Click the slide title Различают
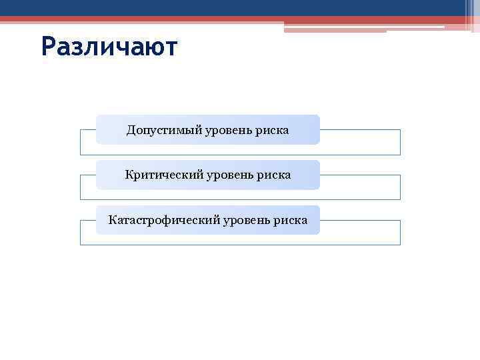109,47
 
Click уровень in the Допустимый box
227,129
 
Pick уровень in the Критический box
228,175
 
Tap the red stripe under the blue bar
200,19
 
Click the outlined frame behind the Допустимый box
360,143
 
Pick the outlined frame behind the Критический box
360,188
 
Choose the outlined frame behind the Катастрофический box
360,233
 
